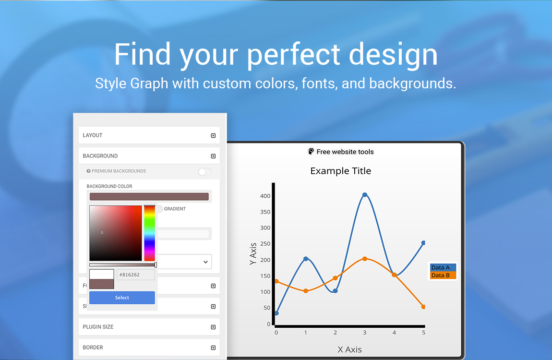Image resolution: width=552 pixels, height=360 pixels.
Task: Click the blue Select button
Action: [x=122, y=298]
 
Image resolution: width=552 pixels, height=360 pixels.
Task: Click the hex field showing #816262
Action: [x=135, y=275]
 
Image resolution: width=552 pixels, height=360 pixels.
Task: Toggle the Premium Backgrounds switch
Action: [x=205, y=171]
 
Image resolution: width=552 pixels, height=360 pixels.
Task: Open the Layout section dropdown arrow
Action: [x=213, y=135]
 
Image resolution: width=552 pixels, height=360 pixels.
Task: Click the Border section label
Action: [x=93, y=348]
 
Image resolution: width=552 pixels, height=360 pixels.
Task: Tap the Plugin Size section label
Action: [x=98, y=327]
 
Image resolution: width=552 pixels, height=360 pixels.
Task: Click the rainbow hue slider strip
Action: [x=149, y=233]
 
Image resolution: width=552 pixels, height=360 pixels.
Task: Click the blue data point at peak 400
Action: [x=365, y=195]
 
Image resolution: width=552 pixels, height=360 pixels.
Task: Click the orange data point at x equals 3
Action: [x=365, y=259]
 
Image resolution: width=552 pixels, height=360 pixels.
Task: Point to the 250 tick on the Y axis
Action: [x=265, y=244]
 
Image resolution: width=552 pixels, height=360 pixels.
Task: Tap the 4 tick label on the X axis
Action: [x=394, y=332]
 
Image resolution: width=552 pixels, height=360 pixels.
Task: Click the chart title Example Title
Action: [x=340, y=171]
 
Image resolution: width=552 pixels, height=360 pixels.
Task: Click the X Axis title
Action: [x=349, y=349]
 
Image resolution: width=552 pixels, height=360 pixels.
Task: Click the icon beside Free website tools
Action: [x=311, y=152]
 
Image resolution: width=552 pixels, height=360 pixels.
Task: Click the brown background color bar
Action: [x=149, y=196]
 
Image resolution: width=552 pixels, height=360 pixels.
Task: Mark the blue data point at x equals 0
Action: [x=276, y=313]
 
